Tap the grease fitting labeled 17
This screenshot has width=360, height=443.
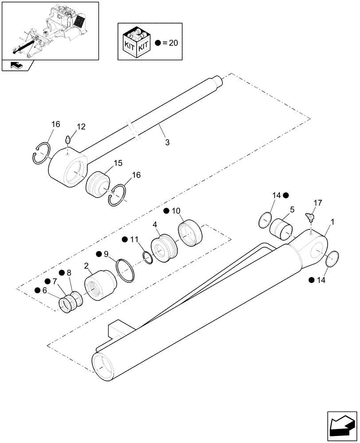(309, 217)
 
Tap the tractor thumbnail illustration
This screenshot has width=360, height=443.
(49, 30)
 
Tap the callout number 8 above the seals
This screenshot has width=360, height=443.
(69, 273)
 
